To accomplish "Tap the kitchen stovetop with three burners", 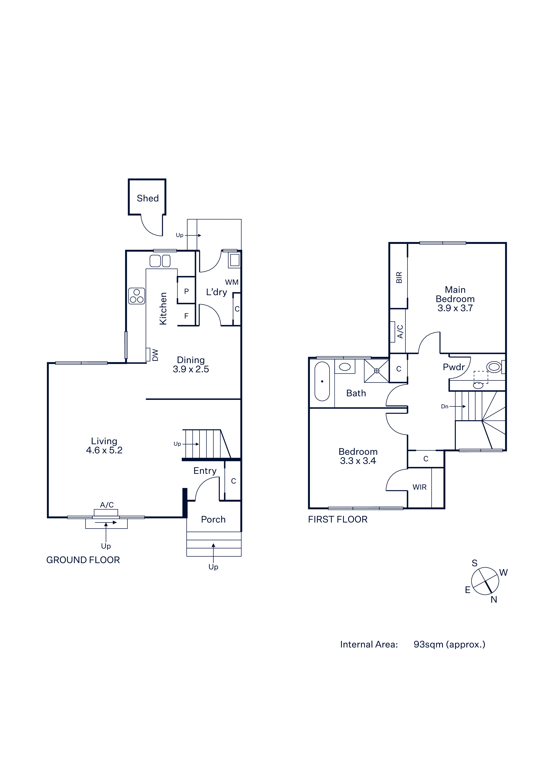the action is pos(137,296).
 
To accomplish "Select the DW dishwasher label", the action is pos(155,355).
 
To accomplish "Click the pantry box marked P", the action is pos(186,290).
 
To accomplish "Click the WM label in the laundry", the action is pos(232,282).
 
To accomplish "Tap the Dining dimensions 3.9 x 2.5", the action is pos(191,369).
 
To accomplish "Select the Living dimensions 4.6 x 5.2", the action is pos(104,450).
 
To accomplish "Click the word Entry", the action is pos(205,471).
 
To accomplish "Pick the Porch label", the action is pos(213,520).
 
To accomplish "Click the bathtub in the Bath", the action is pos(322,381).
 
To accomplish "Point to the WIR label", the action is pos(420,487).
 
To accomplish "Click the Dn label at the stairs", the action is pos(445,406).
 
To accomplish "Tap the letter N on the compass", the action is pos(494,599).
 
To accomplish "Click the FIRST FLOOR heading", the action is pos(338,520).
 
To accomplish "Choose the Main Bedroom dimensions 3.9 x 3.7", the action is pos(455,308).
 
